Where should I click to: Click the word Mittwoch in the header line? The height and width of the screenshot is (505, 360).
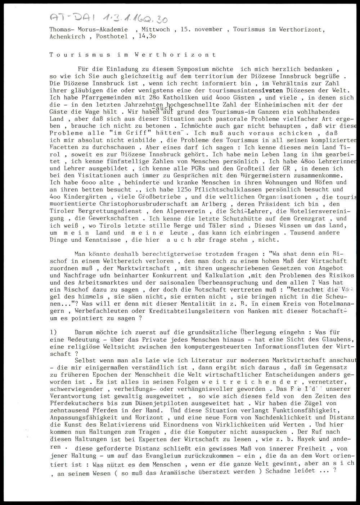156,29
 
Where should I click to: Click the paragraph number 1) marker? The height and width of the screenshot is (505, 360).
54,332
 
